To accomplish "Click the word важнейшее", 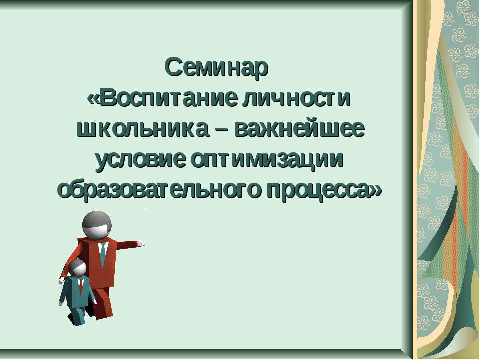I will [x=300, y=129].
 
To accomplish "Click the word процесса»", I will [x=325, y=190].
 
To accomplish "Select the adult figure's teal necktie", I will [x=102, y=254].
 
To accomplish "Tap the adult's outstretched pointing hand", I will [x=141, y=244].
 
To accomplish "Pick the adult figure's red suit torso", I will [x=107, y=265].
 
